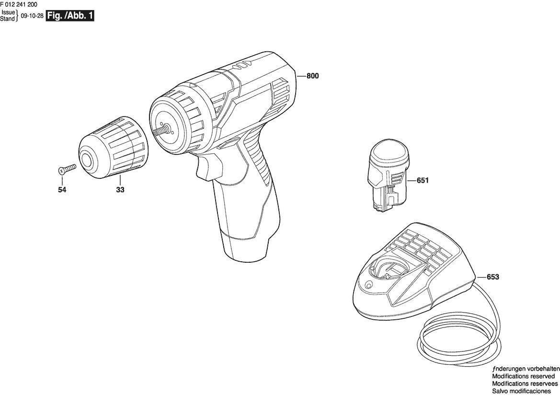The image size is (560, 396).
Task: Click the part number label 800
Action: click(x=312, y=76)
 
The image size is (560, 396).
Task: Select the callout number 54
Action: click(x=62, y=190)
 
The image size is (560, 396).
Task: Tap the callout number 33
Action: click(x=120, y=190)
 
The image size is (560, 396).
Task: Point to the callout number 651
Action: click(x=423, y=180)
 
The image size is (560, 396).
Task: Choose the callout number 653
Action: click(x=492, y=277)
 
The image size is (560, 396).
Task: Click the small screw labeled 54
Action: click(x=67, y=169)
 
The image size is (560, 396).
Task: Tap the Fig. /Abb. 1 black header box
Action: click(x=70, y=16)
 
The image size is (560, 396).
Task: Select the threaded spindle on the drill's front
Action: click(x=161, y=130)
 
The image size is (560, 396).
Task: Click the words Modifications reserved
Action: click(x=523, y=376)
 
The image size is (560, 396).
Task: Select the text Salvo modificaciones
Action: click(x=521, y=391)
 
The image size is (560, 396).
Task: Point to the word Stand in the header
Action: click(x=7, y=19)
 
